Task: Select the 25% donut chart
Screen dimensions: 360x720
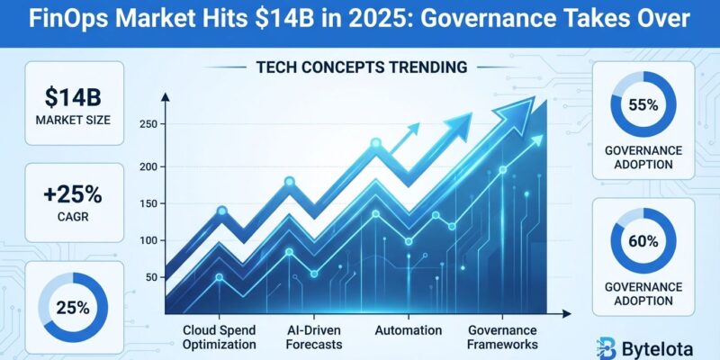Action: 71,307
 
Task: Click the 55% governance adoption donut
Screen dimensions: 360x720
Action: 643,105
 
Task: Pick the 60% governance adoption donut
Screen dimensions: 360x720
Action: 643,241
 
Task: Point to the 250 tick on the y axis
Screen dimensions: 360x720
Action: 149,125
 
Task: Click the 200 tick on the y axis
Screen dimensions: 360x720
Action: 149,167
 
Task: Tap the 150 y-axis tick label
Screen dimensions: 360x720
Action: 149,205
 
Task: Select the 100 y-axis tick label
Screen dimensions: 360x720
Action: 149,241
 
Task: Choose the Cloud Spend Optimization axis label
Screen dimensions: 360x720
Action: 219,337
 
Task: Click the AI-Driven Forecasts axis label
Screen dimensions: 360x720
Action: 310,337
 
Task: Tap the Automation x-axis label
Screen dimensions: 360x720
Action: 408,329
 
